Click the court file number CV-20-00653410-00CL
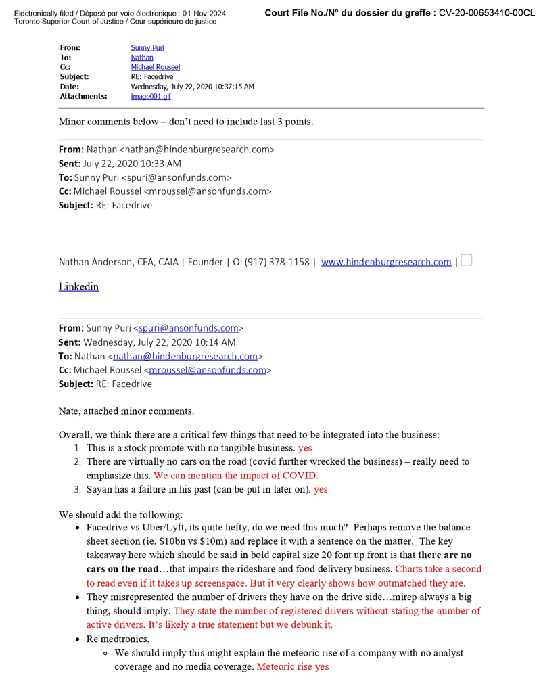pyautogui.click(x=486, y=13)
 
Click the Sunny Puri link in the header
pyautogui.click(x=147, y=48)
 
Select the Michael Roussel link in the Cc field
pyautogui.click(x=156, y=68)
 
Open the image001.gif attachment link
pyautogui.click(x=151, y=97)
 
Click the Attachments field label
pyautogui.click(x=83, y=97)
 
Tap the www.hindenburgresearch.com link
pyautogui.click(x=386, y=263)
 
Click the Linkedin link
pyautogui.click(x=78, y=287)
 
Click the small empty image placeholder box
pyautogui.click(x=466, y=260)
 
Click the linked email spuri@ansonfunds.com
pyautogui.click(x=189, y=329)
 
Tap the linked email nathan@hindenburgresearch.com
pyautogui.click(x=185, y=357)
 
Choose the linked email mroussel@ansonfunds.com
pyautogui.click(x=207, y=371)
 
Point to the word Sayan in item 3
pyautogui.click(x=99, y=489)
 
